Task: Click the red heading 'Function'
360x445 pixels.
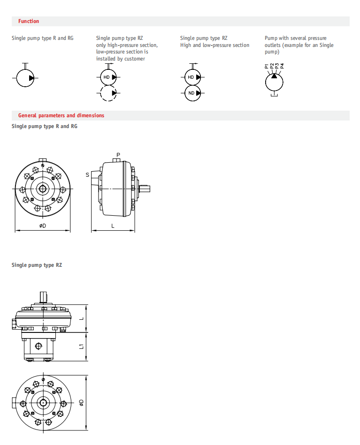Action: pyautogui.click(x=29, y=21)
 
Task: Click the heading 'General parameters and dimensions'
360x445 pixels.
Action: pyautogui.click(x=61, y=115)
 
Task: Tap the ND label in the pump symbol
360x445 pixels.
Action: pyautogui.click(x=191, y=93)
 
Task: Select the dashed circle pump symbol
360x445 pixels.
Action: pyautogui.click(x=108, y=93)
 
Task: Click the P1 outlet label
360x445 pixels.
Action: pyautogui.click(x=267, y=66)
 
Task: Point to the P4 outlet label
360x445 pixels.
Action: pyautogui.click(x=282, y=66)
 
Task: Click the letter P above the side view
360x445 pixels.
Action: pyautogui.click(x=118, y=155)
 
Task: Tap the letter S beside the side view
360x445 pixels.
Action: pyautogui.click(x=87, y=175)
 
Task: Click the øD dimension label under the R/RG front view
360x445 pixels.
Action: pyautogui.click(x=43, y=226)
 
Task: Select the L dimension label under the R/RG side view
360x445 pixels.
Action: pyautogui.click(x=113, y=226)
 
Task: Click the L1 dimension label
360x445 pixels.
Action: pyautogui.click(x=82, y=347)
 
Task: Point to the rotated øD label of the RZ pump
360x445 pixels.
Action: pyautogui.click(x=82, y=403)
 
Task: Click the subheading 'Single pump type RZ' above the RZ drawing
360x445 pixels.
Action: pyautogui.click(x=37, y=265)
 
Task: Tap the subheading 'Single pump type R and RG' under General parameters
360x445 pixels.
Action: pyautogui.click(x=44, y=126)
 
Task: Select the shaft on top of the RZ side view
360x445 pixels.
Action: pyautogui.click(x=43, y=297)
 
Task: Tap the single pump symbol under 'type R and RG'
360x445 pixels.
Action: pyautogui.click(x=25, y=78)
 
